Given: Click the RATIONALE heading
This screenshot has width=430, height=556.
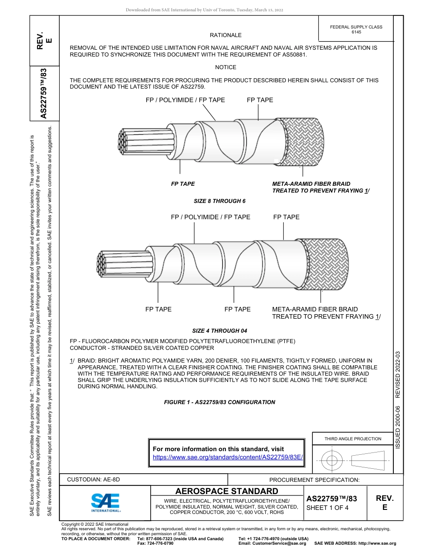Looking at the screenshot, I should coord(225,35).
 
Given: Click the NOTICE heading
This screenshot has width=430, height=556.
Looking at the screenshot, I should coord(225,67).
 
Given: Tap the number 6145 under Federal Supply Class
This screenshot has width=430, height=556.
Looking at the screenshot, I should coord(356,32).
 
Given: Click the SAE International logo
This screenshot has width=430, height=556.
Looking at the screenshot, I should coord(105,502).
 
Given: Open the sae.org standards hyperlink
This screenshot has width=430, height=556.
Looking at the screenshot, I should coord(228,457).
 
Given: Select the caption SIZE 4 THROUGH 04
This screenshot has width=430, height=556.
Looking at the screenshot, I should coord(220,330).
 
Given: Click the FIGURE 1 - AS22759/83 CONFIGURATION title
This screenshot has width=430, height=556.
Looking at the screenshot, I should coord(220,402).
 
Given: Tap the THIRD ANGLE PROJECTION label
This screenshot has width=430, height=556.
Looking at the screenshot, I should coord(353,438).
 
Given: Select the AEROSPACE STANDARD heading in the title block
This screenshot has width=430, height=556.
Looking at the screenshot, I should coord(227,491).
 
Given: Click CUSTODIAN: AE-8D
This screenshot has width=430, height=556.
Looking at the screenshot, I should coord(94,480).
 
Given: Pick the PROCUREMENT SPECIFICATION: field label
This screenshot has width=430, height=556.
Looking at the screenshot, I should coord(314,480).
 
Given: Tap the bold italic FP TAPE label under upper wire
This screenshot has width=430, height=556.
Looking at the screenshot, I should coord(183,184).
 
